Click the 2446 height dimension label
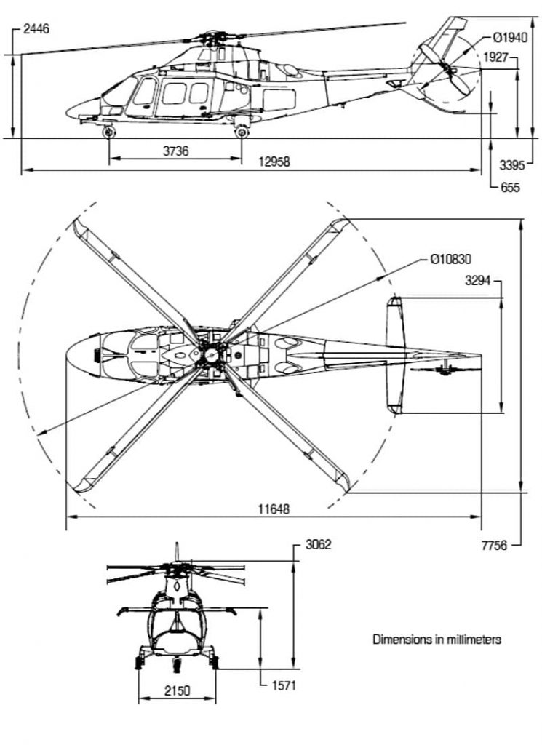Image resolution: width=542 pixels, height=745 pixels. [36, 29]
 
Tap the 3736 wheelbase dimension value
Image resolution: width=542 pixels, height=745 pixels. [175, 151]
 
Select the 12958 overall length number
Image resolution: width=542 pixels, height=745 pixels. [274, 162]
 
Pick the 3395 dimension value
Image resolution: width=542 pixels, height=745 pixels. [512, 165]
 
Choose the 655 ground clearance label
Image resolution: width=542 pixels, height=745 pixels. [510, 188]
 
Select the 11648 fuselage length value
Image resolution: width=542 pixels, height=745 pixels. [274, 509]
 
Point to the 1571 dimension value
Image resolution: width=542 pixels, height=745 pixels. [282, 685]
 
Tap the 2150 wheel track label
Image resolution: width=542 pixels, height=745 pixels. [176, 690]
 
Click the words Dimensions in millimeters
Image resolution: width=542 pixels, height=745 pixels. [437, 640]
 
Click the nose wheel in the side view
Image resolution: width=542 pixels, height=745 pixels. [109, 132]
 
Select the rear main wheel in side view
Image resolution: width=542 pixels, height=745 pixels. [242, 131]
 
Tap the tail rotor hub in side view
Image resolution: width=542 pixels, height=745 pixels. [446, 69]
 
